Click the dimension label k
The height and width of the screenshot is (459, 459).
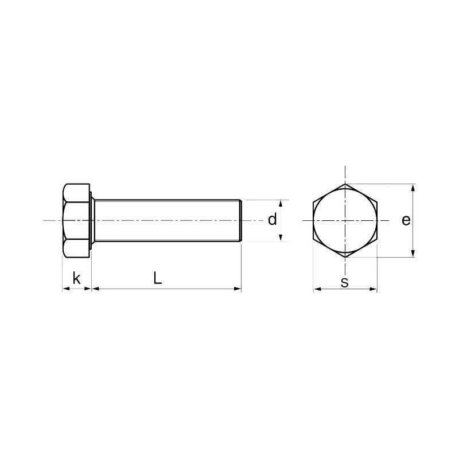(76, 278)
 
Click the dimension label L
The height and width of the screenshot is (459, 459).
(158, 278)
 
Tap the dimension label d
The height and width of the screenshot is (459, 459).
(273, 219)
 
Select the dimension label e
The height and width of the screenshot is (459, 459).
(406, 220)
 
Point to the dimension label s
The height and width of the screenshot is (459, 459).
(345, 282)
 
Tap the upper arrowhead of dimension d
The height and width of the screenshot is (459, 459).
(281, 203)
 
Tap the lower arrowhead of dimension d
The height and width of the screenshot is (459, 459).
(281, 238)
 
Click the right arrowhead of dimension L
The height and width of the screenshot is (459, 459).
(238, 289)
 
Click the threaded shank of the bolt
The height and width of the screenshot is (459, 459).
(166, 220)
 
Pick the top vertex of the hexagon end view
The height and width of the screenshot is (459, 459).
(345, 184)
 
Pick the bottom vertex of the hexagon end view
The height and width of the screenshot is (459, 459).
(345, 257)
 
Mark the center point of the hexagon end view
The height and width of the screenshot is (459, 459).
(345, 220)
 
